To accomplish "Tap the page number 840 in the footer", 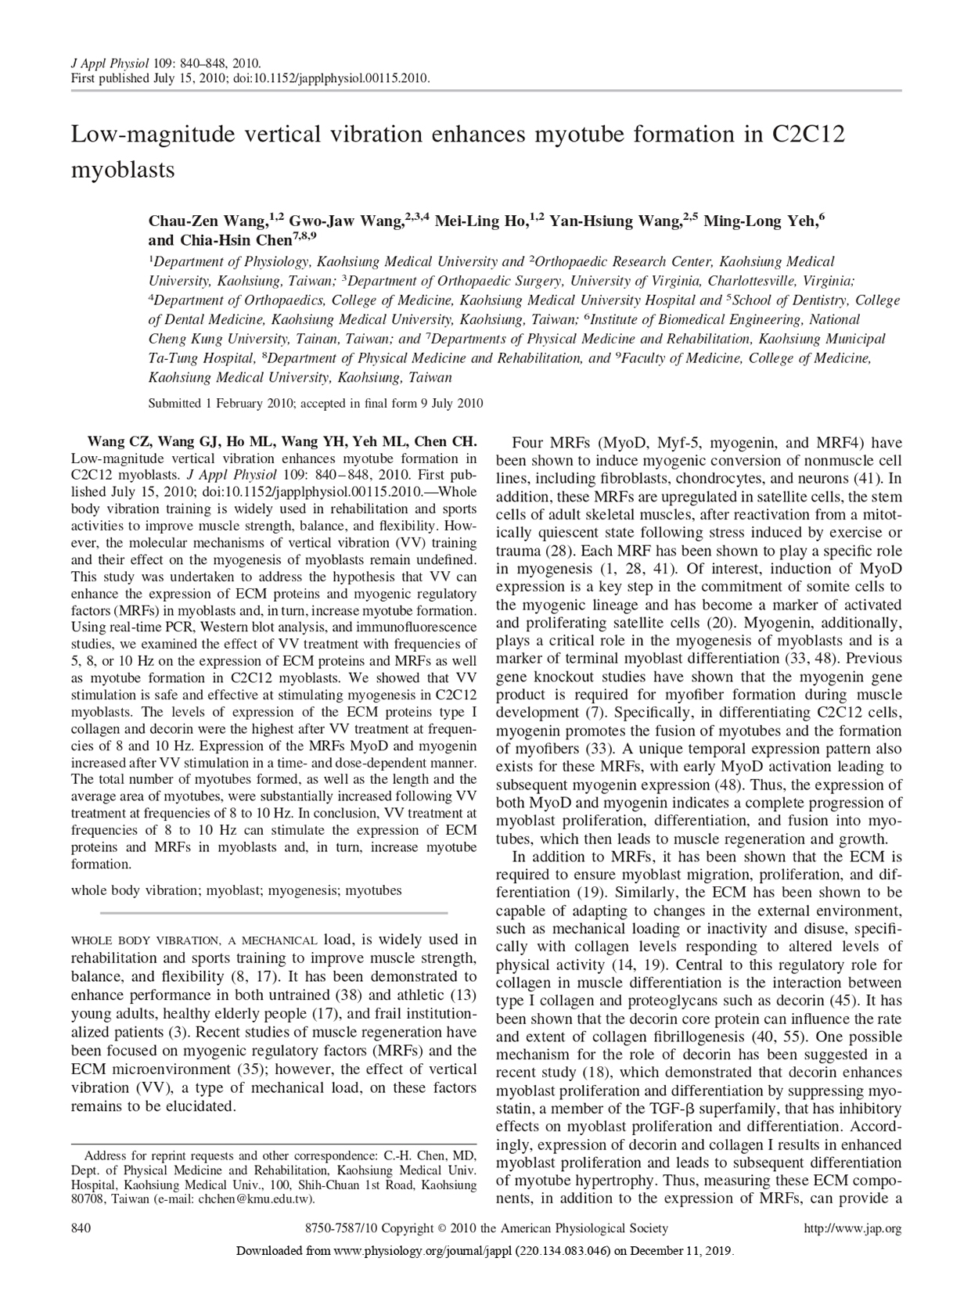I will pos(81,1229).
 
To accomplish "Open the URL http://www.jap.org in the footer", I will pos(853,1229).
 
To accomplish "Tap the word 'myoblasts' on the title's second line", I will pos(123,170).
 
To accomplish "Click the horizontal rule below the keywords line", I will pos(274,912).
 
